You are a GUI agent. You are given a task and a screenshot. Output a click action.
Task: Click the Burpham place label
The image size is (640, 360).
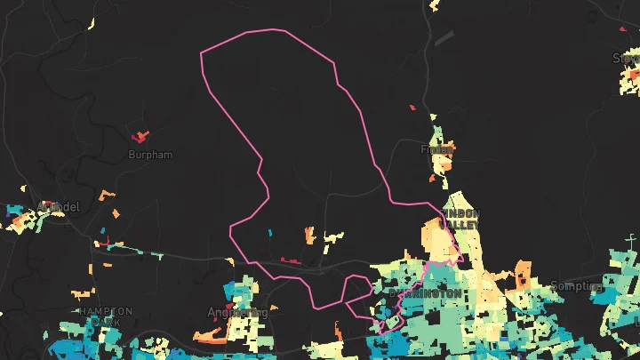(x=150, y=155)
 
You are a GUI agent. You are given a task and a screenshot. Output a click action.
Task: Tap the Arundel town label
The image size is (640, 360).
(x=59, y=207)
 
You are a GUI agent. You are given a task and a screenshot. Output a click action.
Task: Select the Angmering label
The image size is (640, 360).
(x=236, y=313)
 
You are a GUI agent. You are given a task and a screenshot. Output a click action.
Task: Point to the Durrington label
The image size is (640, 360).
(x=425, y=292)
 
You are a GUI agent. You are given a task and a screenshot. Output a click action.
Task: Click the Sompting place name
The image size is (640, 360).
(x=577, y=286)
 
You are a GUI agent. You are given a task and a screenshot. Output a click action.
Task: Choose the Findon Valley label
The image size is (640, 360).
(x=460, y=220)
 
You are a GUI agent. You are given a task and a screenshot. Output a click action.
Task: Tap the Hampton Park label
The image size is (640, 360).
(x=105, y=316)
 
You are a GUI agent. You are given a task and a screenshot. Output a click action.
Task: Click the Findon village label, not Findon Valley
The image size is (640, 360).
(x=436, y=149)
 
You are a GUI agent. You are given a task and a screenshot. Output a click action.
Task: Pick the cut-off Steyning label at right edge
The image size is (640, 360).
(x=626, y=59)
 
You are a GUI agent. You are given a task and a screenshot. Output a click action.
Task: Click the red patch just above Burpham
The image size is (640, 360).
(x=140, y=137)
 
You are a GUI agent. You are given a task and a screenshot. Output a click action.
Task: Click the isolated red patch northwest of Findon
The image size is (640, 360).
(x=412, y=108)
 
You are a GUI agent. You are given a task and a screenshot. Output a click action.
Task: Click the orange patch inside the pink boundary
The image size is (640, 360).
(x=309, y=235)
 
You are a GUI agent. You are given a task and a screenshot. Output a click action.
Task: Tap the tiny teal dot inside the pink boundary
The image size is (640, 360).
(x=269, y=233)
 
